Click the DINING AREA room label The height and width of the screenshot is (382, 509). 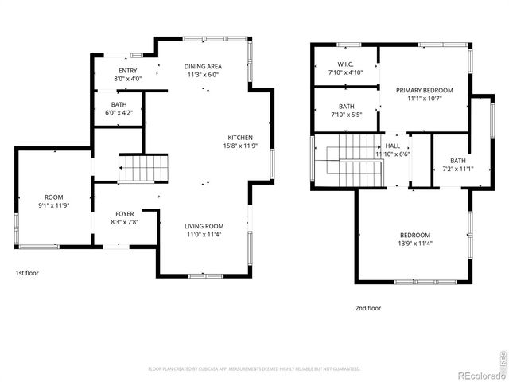coord(203,67)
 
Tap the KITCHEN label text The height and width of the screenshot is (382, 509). coord(241,138)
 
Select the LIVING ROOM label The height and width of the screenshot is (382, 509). coord(204,226)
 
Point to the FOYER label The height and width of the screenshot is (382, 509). coord(125,214)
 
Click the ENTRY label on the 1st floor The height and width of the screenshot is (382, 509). coord(128,71)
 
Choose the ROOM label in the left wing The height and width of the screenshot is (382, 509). coord(53,197)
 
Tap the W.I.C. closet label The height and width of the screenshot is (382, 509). coord(345,64)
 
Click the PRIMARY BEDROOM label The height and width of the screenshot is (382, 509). coord(425,91)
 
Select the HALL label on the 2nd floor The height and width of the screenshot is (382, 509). coord(393,146)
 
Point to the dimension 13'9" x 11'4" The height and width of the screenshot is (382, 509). coord(414,244)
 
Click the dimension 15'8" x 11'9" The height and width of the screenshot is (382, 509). coord(241,146)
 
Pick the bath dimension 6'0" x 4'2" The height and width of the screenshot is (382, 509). coord(119,113)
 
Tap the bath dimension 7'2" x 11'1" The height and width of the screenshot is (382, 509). coord(457,169)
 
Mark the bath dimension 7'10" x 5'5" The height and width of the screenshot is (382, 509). coord(346,115)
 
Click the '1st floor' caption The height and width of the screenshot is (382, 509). coord(27,273)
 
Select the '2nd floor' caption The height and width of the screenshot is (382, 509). coord(368,307)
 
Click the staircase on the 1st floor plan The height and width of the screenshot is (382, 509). coord(145,170)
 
